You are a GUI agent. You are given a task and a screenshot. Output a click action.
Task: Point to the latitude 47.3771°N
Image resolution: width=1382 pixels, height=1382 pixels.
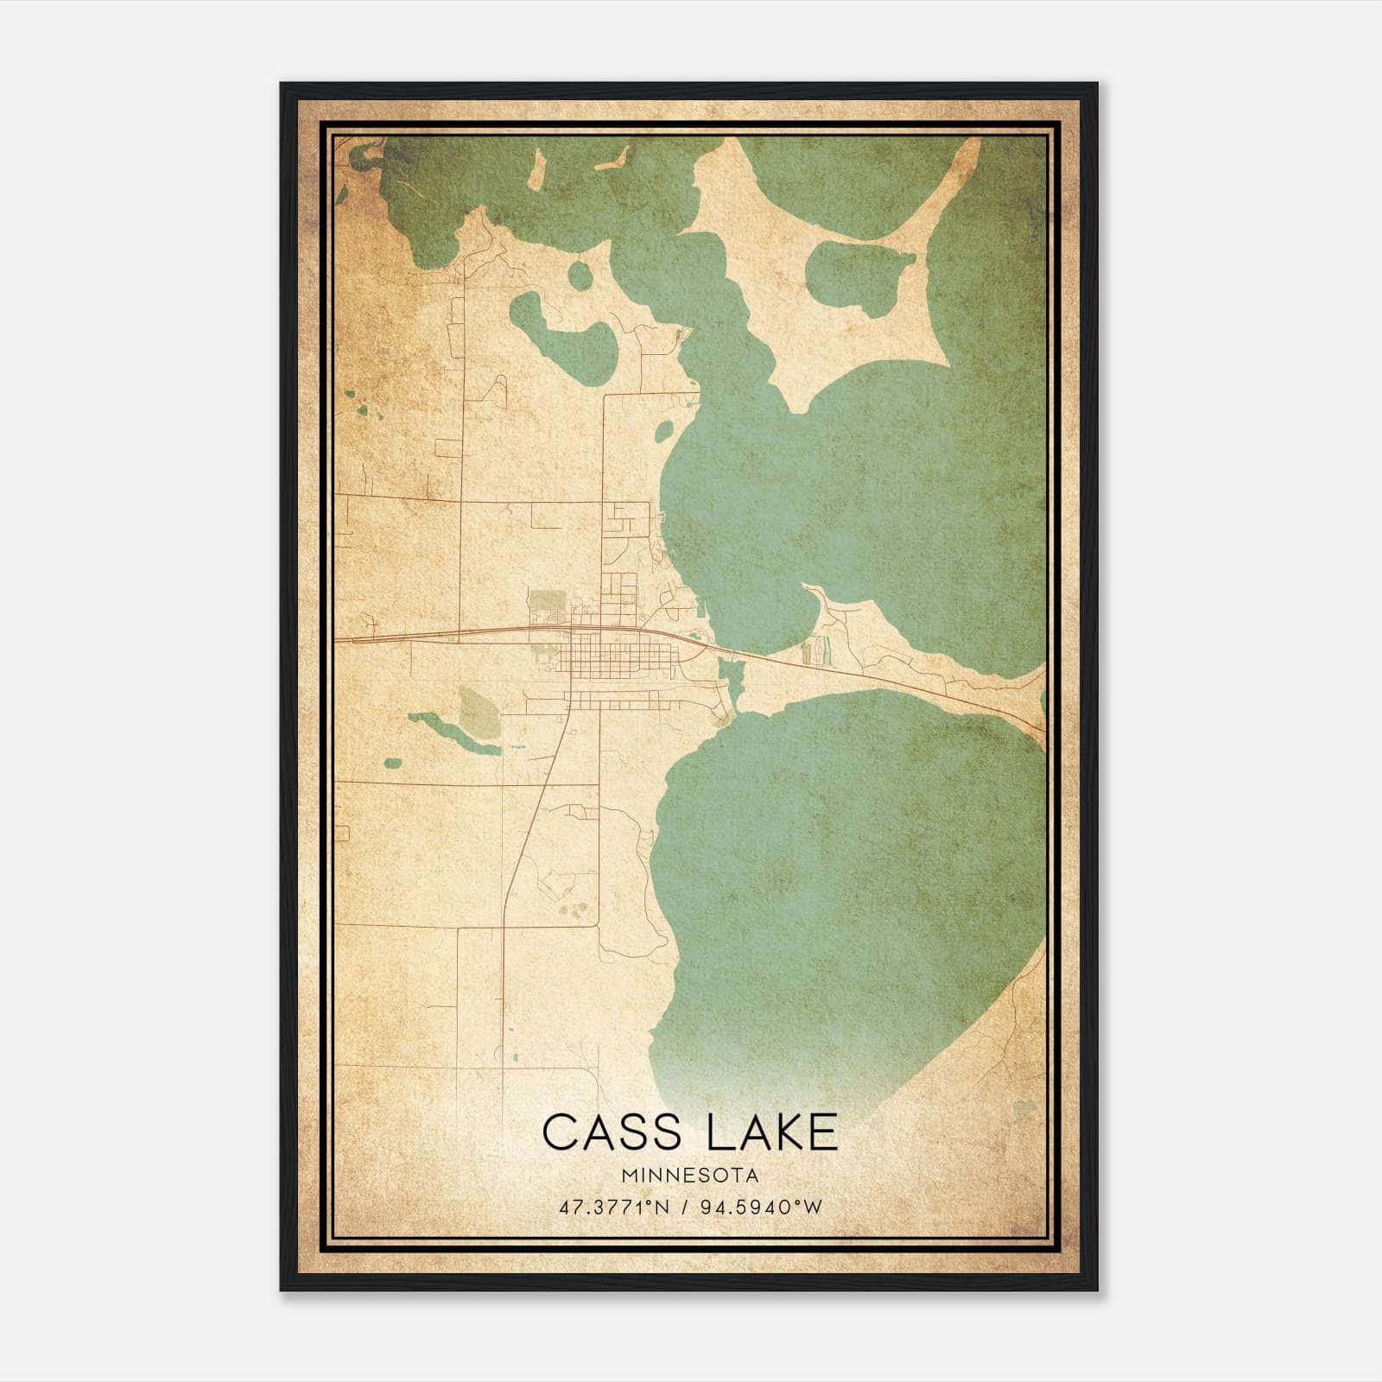(614, 1208)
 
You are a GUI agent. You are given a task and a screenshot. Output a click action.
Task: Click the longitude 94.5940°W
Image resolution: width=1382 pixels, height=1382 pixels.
(760, 1208)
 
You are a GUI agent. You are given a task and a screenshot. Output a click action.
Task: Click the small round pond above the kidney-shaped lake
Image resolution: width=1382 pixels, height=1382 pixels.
(580, 276)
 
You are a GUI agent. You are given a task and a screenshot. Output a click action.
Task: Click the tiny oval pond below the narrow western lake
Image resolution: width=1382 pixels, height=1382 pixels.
(393, 764)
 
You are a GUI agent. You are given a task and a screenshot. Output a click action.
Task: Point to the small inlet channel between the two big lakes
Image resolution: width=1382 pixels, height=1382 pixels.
(735, 682)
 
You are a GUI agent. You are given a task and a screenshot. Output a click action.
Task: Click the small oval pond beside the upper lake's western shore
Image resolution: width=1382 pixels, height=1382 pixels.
(665, 429)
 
